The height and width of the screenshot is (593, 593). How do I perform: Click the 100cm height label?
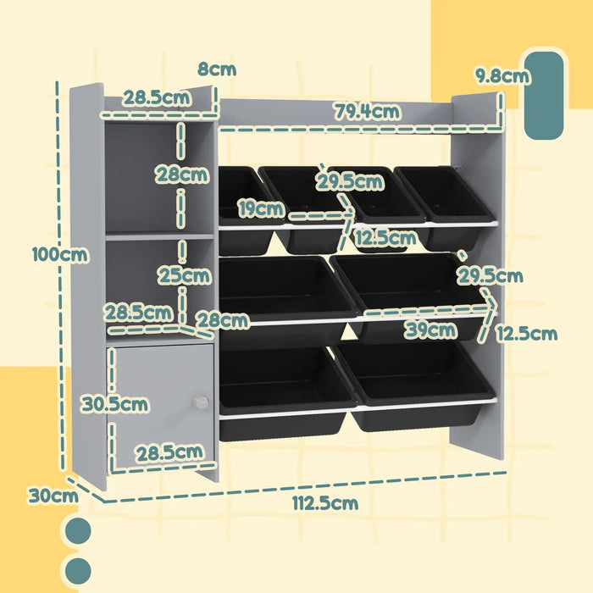[x=59, y=253]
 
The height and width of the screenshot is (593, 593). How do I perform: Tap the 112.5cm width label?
[x=325, y=503]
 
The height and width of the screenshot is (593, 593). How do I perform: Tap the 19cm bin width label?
[x=260, y=208]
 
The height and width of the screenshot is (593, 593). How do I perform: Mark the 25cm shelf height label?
[x=183, y=275]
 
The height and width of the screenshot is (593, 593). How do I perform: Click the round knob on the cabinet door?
[x=200, y=402]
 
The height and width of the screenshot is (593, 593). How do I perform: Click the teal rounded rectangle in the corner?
[x=543, y=95]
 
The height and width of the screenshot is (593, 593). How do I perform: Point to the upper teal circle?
[x=78, y=531]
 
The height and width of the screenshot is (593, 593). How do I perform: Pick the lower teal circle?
[x=78, y=570]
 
